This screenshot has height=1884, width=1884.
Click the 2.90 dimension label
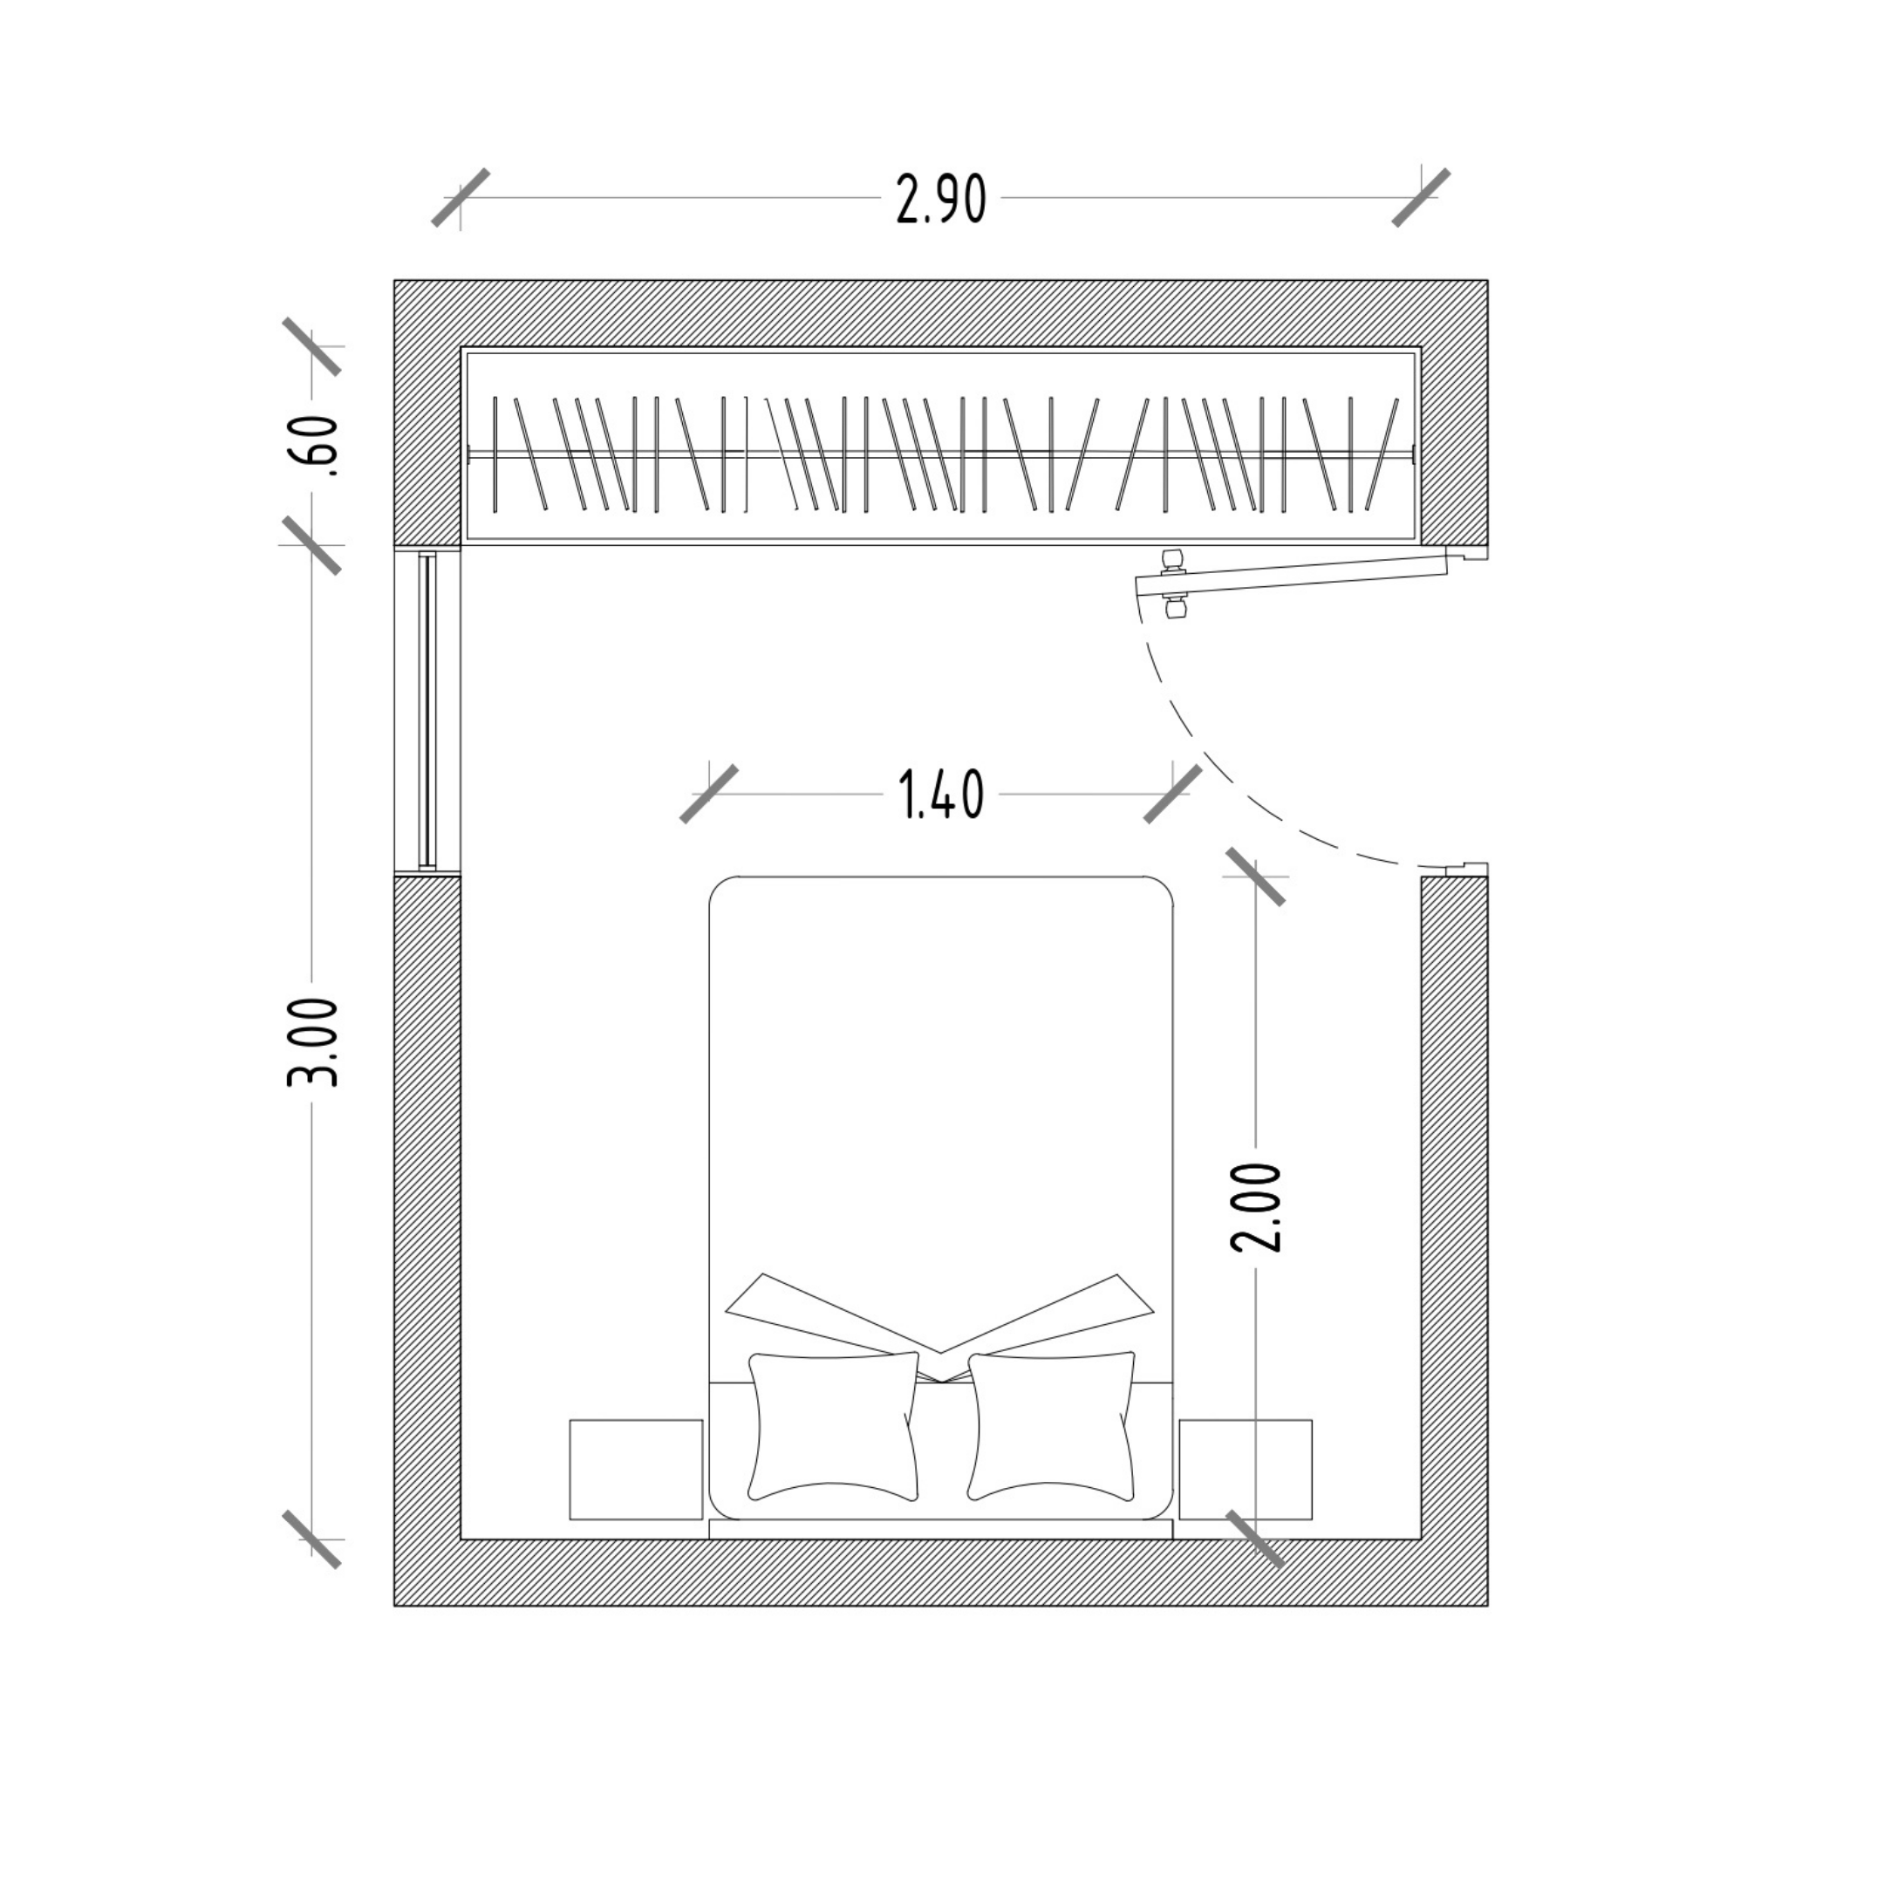[941, 200]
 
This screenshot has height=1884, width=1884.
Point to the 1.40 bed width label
[940, 794]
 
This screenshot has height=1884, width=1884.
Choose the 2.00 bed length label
[1256, 1207]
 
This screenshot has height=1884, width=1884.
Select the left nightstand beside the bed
[636, 1469]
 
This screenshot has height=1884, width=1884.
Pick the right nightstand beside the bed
[1246, 1469]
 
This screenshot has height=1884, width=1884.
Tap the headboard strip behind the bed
[941, 1529]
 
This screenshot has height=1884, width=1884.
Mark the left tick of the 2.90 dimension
[461, 198]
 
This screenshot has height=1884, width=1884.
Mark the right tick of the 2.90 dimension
[1421, 198]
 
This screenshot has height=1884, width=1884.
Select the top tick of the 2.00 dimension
[1256, 876]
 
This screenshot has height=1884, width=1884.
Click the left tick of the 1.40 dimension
[709, 794]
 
